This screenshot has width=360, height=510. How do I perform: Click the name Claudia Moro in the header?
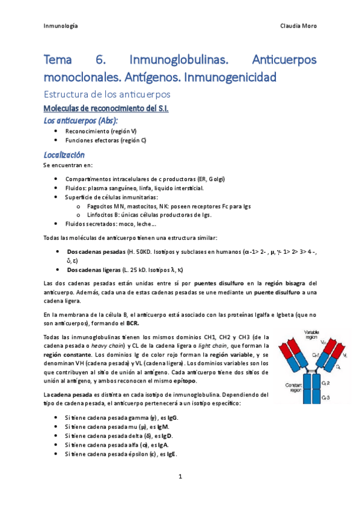click(298, 26)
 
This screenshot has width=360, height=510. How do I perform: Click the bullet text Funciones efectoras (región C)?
click(105, 140)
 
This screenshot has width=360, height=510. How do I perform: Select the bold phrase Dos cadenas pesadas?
click(93, 251)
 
